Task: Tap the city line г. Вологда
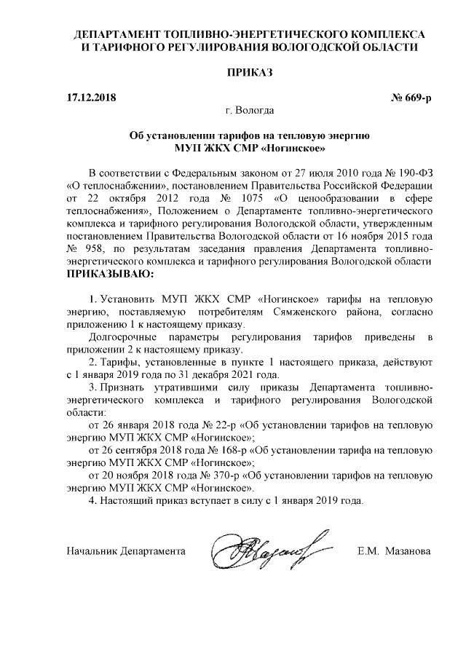pyautogui.click(x=250, y=111)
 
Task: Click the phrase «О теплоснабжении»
pyautogui.click(x=107, y=185)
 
